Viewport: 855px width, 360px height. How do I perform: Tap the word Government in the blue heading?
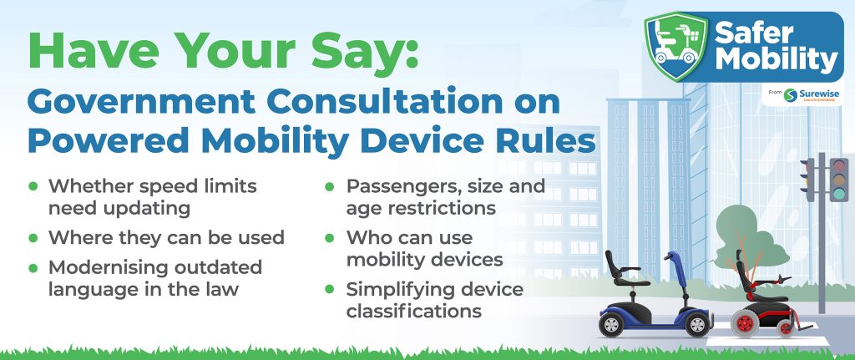coord(141,101)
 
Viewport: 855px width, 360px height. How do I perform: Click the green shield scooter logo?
coord(676,47)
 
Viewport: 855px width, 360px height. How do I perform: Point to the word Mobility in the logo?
coord(777,59)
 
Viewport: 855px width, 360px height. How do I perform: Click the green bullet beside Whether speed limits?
coord(33,186)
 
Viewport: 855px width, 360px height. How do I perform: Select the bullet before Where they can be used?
coord(33,238)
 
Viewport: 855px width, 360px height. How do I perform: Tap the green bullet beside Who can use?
coord(329,238)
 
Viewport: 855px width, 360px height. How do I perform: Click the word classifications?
coord(414,311)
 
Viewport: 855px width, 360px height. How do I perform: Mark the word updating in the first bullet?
coord(119,208)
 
